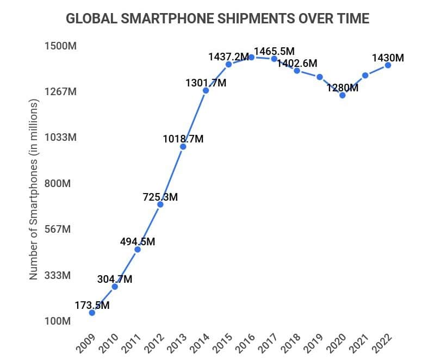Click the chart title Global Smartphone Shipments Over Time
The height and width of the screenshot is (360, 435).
click(x=217, y=18)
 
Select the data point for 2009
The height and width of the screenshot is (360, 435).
click(x=92, y=313)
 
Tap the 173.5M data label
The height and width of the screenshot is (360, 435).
click(x=92, y=305)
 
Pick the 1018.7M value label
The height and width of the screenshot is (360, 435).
click(x=183, y=139)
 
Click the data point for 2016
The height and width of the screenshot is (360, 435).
click(x=252, y=57)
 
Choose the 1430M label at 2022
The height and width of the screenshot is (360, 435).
click(x=388, y=57)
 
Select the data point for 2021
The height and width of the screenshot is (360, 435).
click(x=365, y=75)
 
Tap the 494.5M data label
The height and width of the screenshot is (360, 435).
click(x=138, y=241)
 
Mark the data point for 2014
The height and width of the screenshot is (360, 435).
click(x=206, y=90)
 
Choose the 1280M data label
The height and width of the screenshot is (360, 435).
click(x=343, y=88)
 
